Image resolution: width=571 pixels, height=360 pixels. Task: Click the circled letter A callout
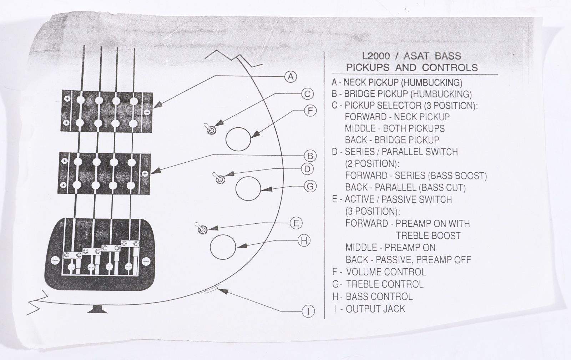coord(290,77)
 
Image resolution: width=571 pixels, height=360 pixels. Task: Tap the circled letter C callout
coord(307,94)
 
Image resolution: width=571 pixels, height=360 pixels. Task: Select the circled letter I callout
coord(308,311)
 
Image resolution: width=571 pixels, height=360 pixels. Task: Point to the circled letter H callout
coord(304,240)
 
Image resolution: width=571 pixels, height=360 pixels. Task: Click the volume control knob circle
coord(238,139)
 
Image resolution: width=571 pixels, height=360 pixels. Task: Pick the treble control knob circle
coord(248,188)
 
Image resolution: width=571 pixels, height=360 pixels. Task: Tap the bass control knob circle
coord(223,247)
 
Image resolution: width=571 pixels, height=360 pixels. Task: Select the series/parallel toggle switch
coord(219,178)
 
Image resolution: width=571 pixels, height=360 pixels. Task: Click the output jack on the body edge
coord(208,290)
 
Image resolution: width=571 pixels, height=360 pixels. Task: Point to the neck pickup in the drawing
coord(107,111)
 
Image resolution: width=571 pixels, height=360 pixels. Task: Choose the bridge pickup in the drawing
coord(105,173)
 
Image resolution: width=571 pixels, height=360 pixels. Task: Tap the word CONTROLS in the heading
coord(450,67)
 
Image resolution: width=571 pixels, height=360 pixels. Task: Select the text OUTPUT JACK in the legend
coord(375,309)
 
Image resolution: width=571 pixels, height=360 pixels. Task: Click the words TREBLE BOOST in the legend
coord(428,236)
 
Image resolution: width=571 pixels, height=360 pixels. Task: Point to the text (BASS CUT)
coord(442,188)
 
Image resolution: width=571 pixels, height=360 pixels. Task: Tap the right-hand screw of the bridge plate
coord(146,261)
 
